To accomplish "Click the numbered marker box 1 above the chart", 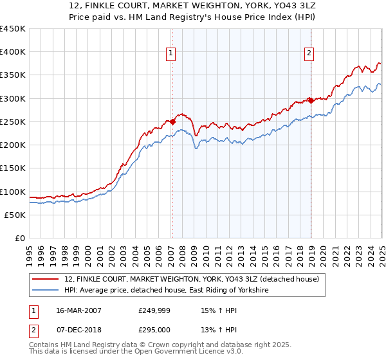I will point(172,53).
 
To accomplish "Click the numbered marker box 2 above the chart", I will point(309,53).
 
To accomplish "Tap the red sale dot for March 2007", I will point(172,122).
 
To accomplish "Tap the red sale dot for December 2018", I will point(310,100).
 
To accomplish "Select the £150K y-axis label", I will point(13,168).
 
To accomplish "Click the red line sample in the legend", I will point(46,280).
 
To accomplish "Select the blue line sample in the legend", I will point(46,291).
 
